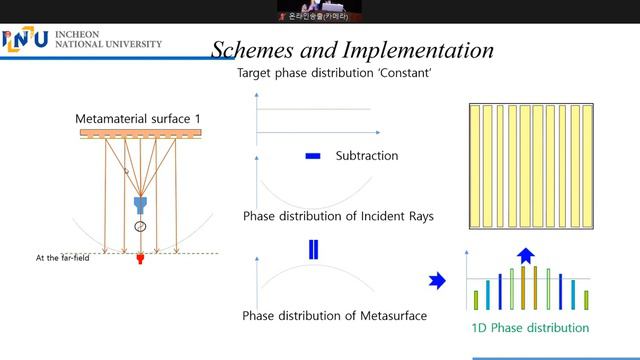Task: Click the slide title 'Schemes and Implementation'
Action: tap(353, 50)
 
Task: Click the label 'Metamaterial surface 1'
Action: tap(138, 119)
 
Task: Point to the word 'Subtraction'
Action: tap(365, 156)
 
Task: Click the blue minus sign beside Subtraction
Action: tap(312, 156)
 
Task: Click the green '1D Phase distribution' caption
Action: tap(530, 327)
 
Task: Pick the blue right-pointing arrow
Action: tap(436, 282)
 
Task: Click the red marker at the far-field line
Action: tap(140, 260)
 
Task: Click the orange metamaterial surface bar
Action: tap(139, 133)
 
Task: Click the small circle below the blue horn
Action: tap(140, 227)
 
